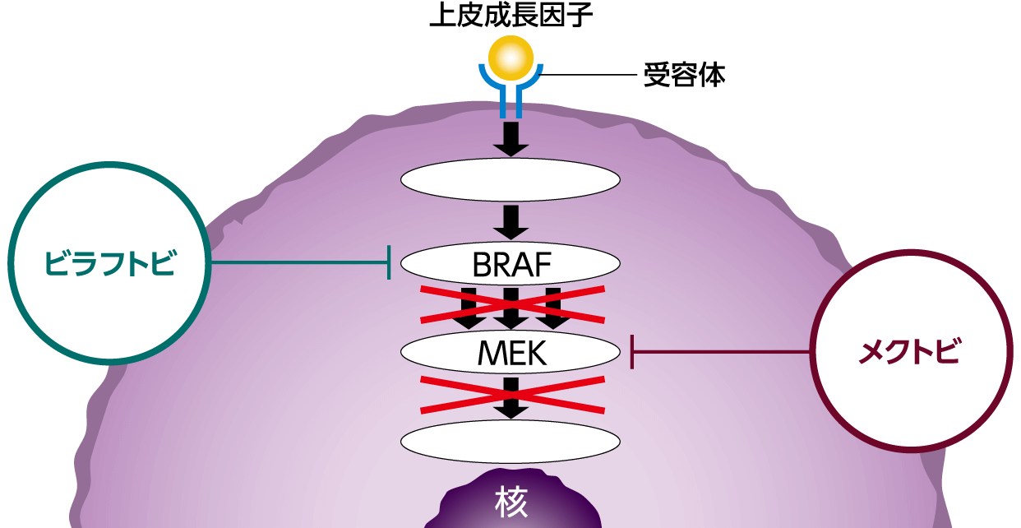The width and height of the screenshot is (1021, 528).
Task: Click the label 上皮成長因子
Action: [x=510, y=16]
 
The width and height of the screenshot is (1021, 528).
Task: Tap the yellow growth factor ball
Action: [x=510, y=58]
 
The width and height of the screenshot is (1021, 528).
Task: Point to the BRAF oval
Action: [x=510, y=264]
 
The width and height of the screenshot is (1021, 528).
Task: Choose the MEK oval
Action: [x=510, y=352]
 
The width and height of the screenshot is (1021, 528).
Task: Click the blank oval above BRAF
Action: [x=510, y=180]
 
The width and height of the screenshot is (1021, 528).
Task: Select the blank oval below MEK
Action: [x=510, y=441]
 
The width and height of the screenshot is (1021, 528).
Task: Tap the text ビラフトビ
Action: [x=109, y=263]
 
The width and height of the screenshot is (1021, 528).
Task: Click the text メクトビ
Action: [x=909, y=352]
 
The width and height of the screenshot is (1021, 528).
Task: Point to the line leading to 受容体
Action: [x=588, y=76]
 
